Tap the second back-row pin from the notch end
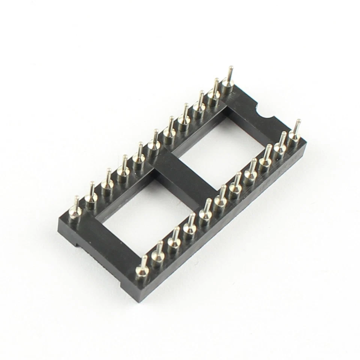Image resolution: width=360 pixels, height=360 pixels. click(x=214, y=90)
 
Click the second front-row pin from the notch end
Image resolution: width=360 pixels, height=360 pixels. click(x=281, y=145)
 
